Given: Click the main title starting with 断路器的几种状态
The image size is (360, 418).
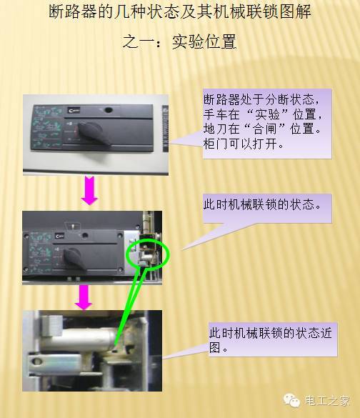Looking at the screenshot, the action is click(180, 12).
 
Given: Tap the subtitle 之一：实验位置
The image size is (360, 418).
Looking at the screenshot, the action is click(179, 42).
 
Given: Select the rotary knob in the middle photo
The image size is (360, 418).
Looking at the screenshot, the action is click(74, 258).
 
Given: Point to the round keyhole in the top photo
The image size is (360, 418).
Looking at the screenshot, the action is click(108, 109).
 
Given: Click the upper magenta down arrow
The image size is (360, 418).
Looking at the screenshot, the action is click(90, 190).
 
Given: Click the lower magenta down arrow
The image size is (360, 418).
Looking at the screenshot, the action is click(84, 297).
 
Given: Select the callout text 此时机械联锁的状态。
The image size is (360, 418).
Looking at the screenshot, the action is click(262, 204).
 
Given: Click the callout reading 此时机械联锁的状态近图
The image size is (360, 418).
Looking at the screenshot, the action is click(270, 340).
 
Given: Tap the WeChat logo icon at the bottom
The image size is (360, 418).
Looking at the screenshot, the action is click(291, 401).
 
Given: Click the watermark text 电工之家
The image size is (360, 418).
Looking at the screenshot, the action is click(327, 401).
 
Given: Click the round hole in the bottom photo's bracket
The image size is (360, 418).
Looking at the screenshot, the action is click(36, 362).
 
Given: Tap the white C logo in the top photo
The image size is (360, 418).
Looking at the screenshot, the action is click(74, 110).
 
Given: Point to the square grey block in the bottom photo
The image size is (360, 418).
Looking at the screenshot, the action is click(52, 324).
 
